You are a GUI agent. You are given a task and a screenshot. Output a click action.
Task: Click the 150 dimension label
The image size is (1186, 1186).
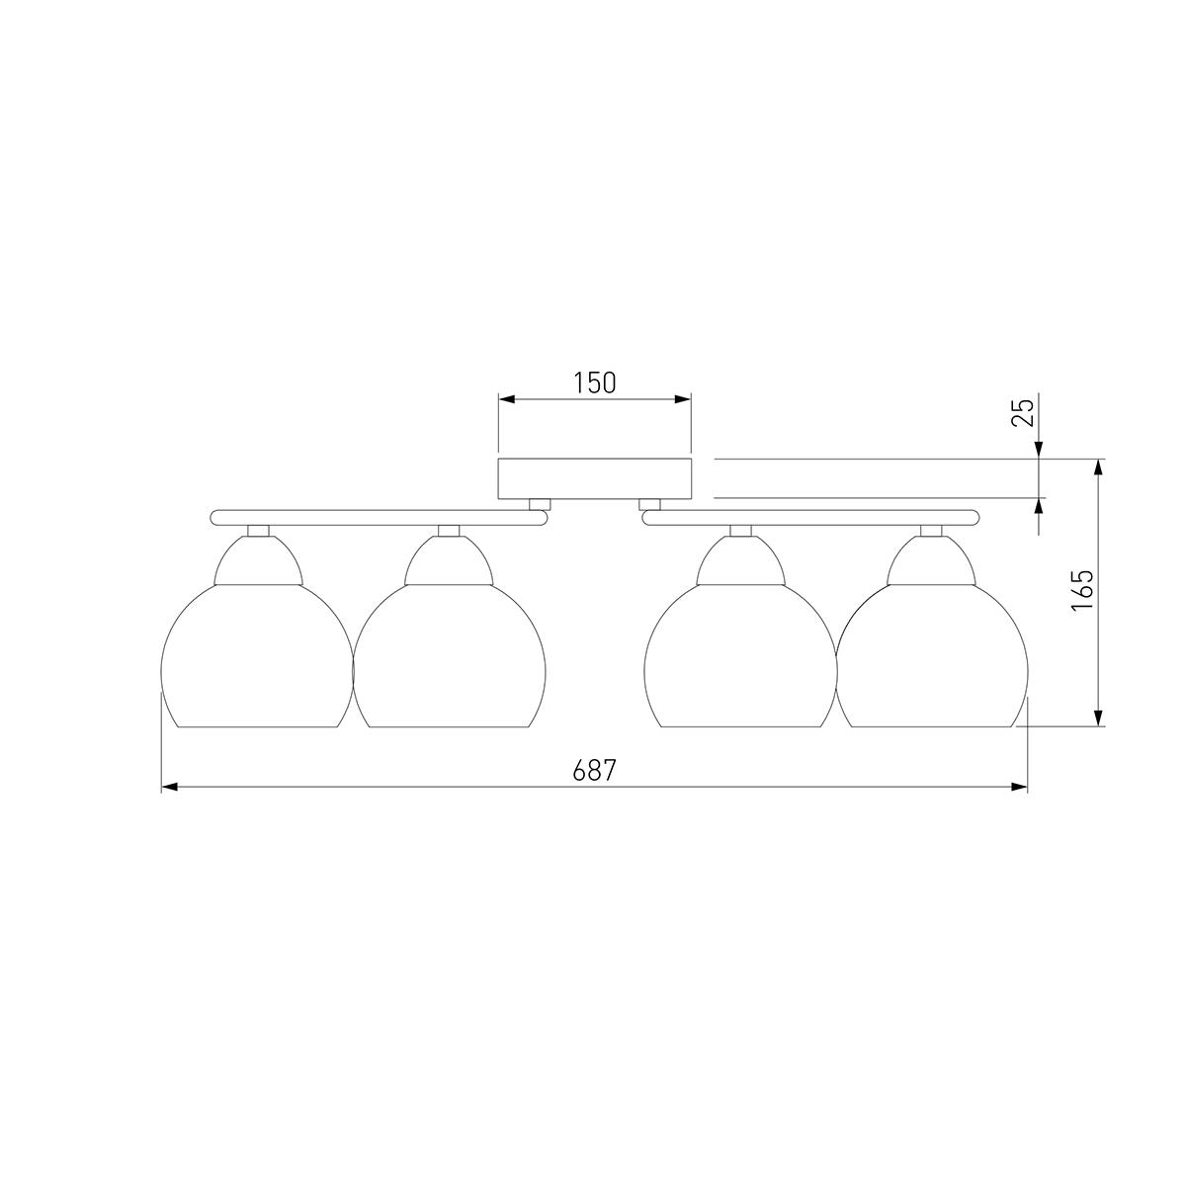coord(595,382)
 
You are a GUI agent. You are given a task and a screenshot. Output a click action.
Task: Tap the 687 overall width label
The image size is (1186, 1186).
coord(594,770)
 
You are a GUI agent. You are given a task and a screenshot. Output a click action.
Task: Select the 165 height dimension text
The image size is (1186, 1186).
coord(1081,590)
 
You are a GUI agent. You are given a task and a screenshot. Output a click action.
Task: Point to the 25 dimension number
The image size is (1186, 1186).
coord(1022,412)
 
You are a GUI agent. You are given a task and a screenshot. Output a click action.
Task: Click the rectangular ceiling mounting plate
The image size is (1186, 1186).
coord(594,478)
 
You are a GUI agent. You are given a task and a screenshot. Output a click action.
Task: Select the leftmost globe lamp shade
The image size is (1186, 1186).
coord(257,655)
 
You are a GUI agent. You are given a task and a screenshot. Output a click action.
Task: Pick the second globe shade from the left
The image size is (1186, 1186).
coord(450,655)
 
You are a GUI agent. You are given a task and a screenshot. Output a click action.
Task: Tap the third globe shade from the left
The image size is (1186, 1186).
coord(740,655)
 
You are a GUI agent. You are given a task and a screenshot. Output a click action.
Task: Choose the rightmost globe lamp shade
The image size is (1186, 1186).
coord(932,655)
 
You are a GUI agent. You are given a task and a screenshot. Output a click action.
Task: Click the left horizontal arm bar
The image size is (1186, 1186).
coord(378,518)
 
